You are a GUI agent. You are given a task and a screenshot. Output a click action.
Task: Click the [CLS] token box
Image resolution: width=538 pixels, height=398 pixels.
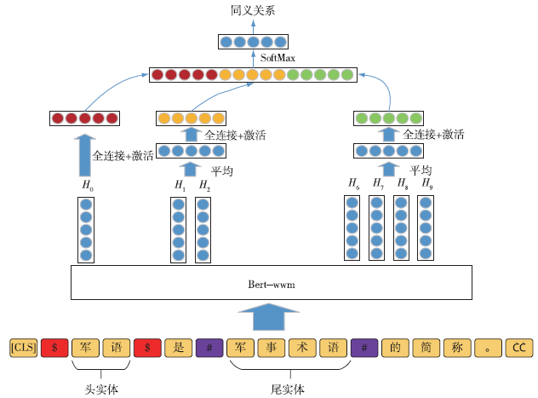(23, 348)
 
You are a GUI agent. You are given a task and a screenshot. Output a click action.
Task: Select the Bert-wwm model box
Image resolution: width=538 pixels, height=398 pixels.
(270, 282)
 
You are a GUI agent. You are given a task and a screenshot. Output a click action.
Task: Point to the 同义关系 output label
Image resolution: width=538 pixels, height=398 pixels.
(253, 11)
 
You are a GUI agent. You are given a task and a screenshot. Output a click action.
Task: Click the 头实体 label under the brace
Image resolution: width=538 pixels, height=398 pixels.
(100, 389)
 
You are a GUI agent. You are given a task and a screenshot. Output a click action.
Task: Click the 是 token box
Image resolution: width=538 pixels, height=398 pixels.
(178, 348)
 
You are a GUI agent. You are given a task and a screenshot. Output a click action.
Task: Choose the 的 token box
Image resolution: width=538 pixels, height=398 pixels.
(395, 348)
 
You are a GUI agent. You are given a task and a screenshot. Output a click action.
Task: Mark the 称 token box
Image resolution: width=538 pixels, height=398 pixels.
(457, 348)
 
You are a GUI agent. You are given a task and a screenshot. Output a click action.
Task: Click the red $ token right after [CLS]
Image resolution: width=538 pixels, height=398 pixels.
(54, 348)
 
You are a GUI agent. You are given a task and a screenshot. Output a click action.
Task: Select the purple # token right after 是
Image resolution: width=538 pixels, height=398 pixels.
(209, 348)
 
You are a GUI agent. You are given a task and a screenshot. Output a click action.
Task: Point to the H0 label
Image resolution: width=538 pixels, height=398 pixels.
(86, 184)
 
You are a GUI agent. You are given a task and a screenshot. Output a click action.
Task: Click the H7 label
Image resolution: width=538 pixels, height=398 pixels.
(377, 184)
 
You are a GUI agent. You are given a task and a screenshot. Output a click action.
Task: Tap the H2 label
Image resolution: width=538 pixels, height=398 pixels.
(203, 184)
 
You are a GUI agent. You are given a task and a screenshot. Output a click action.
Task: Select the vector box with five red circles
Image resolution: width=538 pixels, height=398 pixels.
(84, 118)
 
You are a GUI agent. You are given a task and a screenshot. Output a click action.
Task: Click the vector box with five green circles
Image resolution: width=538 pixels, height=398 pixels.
(387, 118)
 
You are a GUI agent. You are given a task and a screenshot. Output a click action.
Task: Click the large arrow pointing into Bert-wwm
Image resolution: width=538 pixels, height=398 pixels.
(270, 318)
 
